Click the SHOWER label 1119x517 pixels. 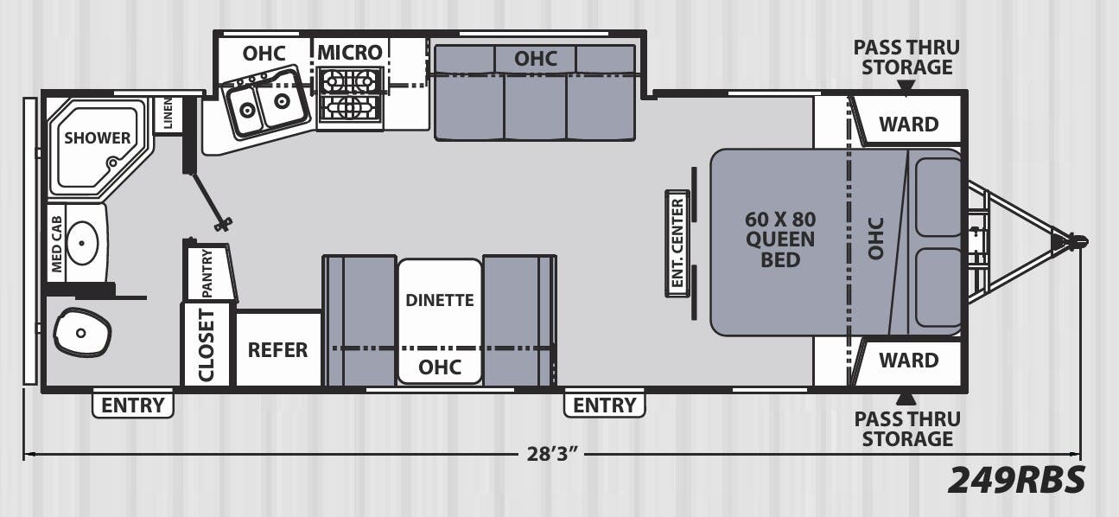click(x=97, y=137)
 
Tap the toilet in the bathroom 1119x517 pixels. click(x=81, y=331)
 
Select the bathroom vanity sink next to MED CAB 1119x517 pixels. click(x=82, y=243)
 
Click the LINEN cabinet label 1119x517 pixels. click(x=168, y=113)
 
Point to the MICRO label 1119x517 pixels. click(x=350, y=53)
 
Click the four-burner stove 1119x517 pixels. click(x=349, y=94)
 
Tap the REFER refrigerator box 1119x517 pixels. click(x=277, y=348)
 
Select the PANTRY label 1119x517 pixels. click(x=207, y=273)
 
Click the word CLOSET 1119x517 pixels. click(x=206, y=345)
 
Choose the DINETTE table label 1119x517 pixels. click(x=440, y=300)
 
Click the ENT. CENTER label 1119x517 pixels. click(x=677, y=243)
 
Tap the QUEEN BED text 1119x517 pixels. click(x=779, y=249)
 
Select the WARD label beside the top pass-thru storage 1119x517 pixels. click(x=909, y=124)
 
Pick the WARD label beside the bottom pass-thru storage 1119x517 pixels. click(x=909, y=360)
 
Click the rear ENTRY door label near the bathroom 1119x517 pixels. click(x=133, y=405)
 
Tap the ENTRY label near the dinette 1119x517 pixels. click(x=605, y=405)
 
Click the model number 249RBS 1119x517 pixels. click(x=1016, y=481)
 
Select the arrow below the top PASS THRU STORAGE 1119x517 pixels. click(x=906, y=88)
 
